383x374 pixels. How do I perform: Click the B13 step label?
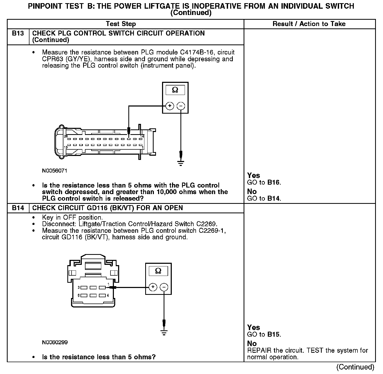(18, 33)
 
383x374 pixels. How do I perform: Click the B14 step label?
(18, 208)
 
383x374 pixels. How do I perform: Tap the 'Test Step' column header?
(121, 24)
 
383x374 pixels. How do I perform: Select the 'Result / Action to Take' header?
(309, 24)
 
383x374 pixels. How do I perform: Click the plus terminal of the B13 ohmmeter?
(170, 106)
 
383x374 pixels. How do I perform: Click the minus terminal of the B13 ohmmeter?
(181, 106)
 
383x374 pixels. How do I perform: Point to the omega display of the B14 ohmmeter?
(158, 271)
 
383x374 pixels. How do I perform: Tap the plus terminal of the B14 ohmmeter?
(153, 287)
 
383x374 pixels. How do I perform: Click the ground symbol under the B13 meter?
(181, 163)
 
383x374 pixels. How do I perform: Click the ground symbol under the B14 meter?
(164, 333)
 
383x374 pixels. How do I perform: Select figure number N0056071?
(54, 171)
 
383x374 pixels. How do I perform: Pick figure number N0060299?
(55, 342)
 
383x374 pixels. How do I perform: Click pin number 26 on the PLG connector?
(66, 136)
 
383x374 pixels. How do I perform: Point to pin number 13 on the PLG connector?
(66, 147)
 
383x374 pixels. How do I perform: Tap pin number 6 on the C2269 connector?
(79, 295)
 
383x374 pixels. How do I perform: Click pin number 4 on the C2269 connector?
(108, 295)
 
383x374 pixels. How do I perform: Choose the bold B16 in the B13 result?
(274, 183)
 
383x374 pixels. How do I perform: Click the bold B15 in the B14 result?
(274, 335)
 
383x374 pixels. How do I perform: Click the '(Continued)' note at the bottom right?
(355, 367)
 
